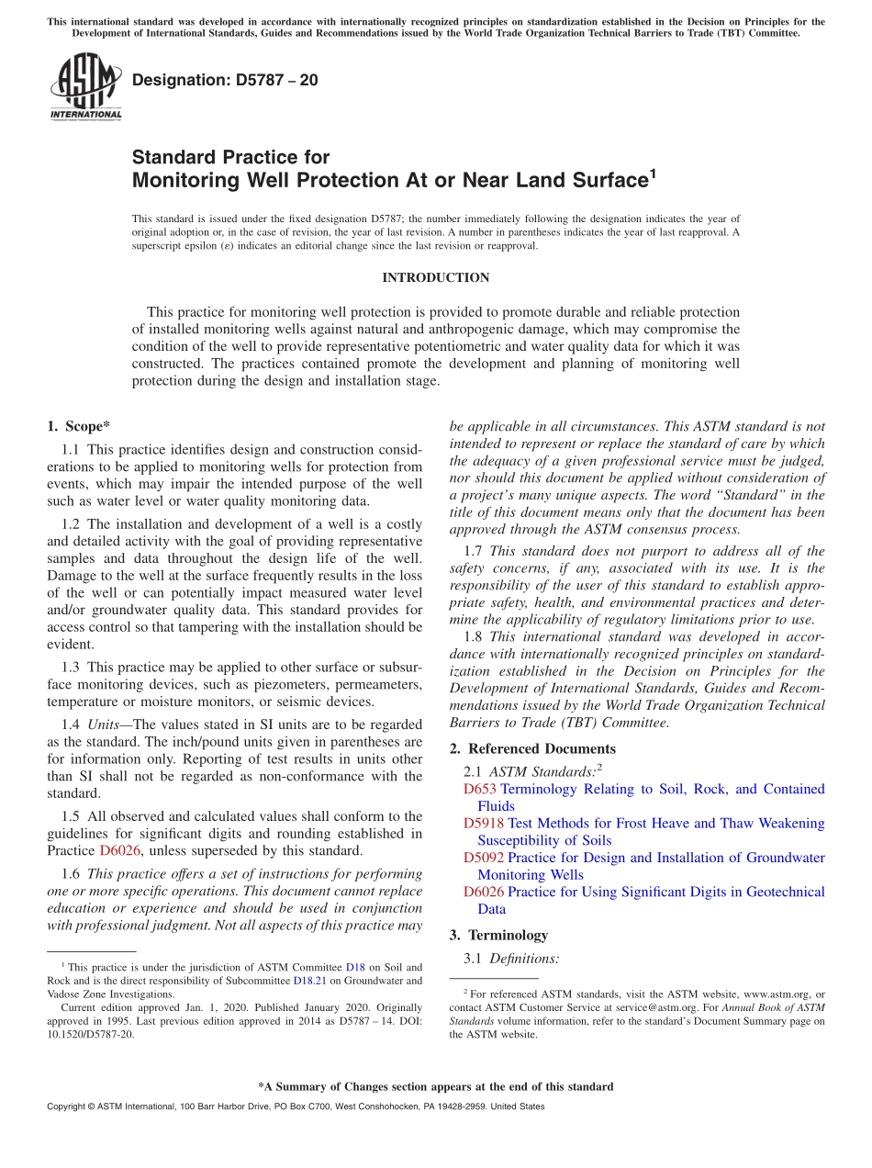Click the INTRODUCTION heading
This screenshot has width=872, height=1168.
(435, 277)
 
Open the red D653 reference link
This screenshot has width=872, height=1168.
(480, 789)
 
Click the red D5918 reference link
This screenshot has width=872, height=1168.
(484, 823)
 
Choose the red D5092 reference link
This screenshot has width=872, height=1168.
(484, 857)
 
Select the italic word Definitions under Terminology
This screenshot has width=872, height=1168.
(524, 958)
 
